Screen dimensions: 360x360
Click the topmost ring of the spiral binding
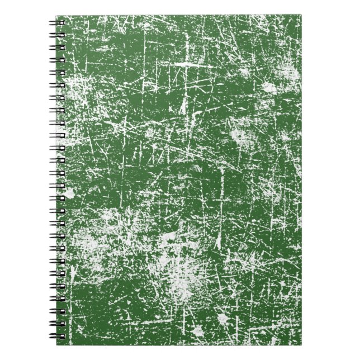[x=57, y=23]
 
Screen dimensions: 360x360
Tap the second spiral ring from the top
[x=57, y=36]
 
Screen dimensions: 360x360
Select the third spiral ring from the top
[x=57, y=48]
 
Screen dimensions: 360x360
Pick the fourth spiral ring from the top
[x=57, y=60]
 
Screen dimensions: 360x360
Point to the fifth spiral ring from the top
[x=57, y=73]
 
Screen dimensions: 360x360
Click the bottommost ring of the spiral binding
[x=57, y=337]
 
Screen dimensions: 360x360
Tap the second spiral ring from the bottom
[x=57, y=324]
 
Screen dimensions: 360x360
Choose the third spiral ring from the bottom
[x=57, y=311]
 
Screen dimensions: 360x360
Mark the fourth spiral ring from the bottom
[x=57, y=299]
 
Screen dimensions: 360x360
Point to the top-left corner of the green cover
[x=65, y=16]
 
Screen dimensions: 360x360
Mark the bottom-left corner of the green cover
[x=65, y=344]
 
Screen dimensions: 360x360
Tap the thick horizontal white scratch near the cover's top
[x=193, y=65]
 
